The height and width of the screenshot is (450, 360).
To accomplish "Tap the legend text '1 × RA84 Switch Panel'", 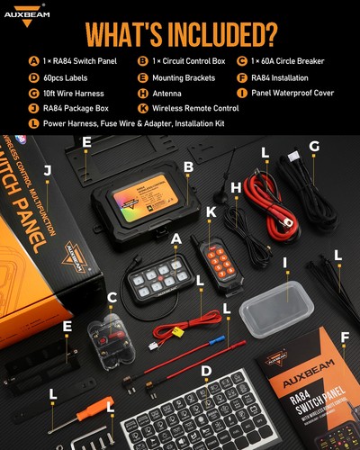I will click(x=85, y=61).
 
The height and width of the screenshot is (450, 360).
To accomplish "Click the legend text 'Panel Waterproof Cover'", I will click(x=297, y=91).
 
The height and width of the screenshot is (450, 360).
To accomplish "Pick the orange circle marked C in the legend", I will click(x=242, y=61).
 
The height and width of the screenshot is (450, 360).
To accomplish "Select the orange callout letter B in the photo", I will click(x=188, y=166).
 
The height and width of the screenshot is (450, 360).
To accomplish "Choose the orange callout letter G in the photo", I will click(x=314, y=146).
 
